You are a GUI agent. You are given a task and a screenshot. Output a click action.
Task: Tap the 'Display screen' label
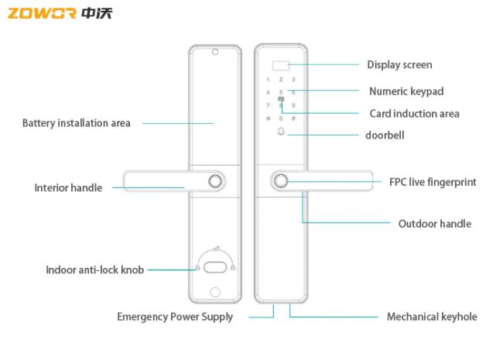click(399, 65)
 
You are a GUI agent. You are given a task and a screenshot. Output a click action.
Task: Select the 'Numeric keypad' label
click(406, 91)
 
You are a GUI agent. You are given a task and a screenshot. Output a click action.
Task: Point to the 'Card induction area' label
click(414, 114)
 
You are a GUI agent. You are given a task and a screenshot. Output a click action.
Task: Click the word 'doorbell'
click(385, 135)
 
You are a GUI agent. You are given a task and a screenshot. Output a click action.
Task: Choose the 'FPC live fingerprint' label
click(433, 183)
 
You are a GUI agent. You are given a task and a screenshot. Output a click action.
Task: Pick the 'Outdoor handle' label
click(434, 224)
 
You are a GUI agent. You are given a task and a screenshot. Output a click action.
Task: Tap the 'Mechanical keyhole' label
click(432, 317)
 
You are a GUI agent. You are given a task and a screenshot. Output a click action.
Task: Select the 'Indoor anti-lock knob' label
click(94, 270)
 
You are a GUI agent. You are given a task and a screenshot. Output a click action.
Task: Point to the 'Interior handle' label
click(68, 187)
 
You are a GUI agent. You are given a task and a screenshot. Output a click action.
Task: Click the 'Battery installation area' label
click(76, 123)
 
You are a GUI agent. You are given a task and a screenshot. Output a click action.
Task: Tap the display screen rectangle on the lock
click(280, 65)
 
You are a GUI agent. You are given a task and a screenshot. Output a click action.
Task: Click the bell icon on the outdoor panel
click(281, 132)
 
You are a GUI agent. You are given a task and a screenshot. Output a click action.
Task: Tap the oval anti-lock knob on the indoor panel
click(215, 268)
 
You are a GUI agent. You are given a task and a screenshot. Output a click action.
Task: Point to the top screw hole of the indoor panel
click(215, 53)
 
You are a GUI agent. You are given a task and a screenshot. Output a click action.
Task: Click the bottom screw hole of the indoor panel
click(215, 293)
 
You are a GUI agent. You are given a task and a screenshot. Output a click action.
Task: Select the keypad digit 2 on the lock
click(281, 80)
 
